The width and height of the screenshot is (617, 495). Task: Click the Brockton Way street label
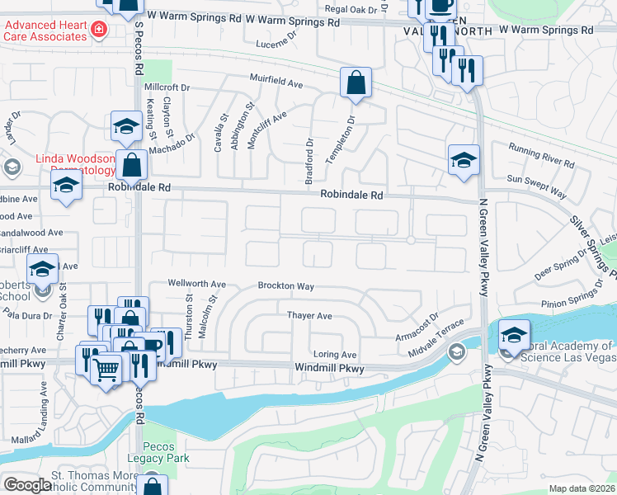tap(285, 286)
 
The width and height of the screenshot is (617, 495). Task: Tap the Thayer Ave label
tap(309, 316)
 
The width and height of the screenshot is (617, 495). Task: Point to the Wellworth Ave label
tap(196, 283)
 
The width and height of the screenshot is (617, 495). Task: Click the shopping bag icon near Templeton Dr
tap(356, 83)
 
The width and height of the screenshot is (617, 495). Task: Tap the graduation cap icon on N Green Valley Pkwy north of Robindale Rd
tap(464, 160)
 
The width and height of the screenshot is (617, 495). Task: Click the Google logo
tap(27, 485)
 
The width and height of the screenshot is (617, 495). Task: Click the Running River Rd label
tap(540, 155)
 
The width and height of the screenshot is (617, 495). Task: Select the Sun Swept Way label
tap(536, 186)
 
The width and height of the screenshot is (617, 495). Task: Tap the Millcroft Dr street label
tap(167, 87)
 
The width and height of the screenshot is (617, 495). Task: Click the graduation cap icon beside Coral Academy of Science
tap(514, 336)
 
